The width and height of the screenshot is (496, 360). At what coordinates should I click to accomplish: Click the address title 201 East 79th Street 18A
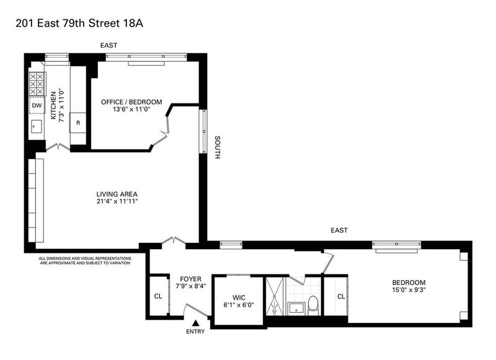(x=79, y=24)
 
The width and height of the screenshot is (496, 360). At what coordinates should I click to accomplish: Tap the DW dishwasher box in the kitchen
(x=37, y=105)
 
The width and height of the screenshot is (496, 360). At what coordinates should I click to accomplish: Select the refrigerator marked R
(x=78, y=123)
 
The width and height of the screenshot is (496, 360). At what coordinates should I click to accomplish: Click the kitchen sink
(x=37, y=127)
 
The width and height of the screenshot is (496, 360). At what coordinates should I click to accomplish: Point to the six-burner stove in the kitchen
(x=37, y=84)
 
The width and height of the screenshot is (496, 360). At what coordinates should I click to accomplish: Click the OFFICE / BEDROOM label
(x=131, y=102)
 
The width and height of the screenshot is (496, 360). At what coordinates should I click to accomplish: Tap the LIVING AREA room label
(x=117, y=194)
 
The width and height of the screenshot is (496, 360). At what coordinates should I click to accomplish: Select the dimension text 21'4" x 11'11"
(x=117, y=201)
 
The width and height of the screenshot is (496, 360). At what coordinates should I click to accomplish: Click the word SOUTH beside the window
(x=218, y=147)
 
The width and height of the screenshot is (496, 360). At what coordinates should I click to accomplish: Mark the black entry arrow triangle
(x=196, y=323)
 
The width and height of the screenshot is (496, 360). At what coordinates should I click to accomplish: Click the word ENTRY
(x=195, y=331)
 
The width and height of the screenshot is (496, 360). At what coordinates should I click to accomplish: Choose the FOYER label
(x=190, y=279)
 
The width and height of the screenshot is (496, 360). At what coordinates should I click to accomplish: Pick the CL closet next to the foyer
(x=158, y=296)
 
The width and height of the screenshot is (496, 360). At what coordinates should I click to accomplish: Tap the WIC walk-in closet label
(x=239, y=297)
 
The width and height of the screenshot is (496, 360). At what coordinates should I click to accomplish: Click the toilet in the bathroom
(x=313, y=305)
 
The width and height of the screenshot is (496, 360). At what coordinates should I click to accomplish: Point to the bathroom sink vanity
(x=296, y=309)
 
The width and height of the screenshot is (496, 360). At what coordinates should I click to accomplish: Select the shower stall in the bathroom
(x=275, y=296)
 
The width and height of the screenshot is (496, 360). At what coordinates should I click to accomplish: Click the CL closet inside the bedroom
(x=340, y=296)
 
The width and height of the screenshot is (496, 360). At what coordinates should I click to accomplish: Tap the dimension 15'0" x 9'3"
(x=409, y=289)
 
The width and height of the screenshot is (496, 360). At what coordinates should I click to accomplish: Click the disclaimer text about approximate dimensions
(x=85, y=260)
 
